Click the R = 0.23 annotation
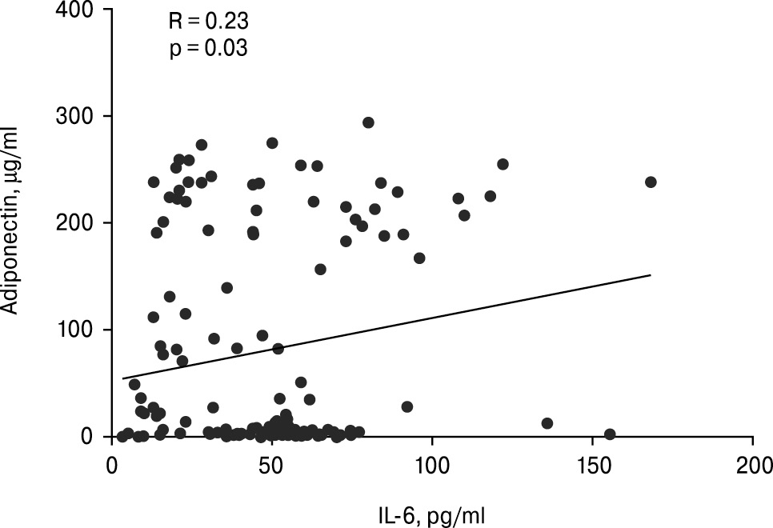point(208,21)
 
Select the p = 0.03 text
point(208,48)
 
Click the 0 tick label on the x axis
point(112,464)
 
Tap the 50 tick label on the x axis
point(272,464)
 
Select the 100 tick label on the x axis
point(432,464)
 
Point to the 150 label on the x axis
point(592,464)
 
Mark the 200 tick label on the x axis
point(753,464)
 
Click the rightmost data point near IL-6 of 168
point(651,182)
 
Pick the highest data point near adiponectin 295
point(368,122)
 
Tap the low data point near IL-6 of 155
point(610,434)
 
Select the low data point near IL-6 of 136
point(547,423)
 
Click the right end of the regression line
point(651,275)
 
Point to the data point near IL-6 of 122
point(503,164)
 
